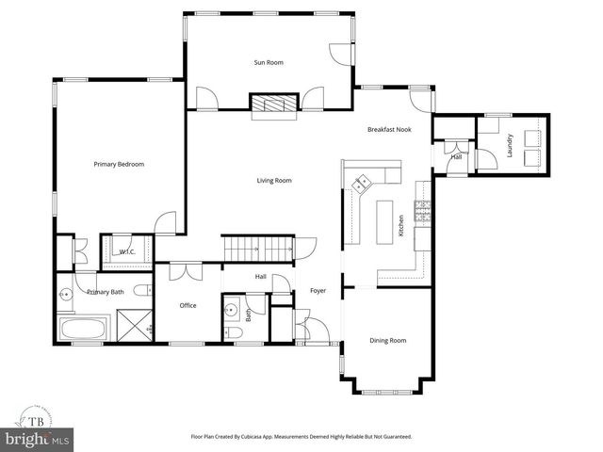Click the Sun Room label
pos(268,62)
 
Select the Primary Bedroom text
pos(119,165)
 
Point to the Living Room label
pos(274,180)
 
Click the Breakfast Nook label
pos(389,129)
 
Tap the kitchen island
pos(384,222)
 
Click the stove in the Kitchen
pos(423,213)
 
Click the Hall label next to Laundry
pos(456,157)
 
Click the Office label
pos(188,306)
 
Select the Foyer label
pos(318,291)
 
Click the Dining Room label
pos(386,340)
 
